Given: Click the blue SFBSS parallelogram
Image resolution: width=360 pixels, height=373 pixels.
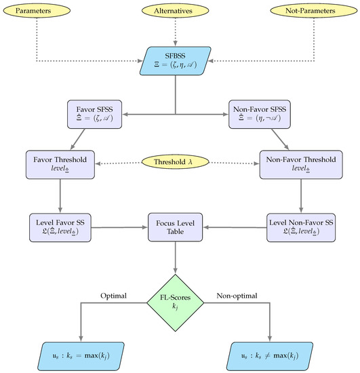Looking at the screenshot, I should point(176,59).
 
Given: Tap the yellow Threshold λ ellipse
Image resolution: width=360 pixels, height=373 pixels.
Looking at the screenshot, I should point(176,163).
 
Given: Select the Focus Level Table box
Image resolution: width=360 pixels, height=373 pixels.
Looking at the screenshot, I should point(176,227).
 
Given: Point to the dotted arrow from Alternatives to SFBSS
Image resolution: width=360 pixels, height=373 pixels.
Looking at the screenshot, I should point(176,31).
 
